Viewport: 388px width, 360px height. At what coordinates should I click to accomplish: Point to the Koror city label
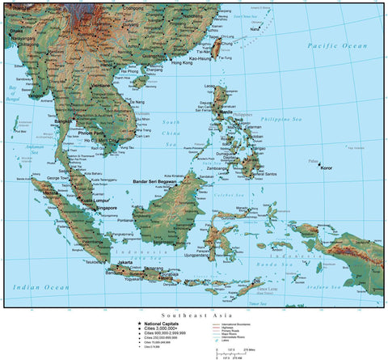coord(327,168)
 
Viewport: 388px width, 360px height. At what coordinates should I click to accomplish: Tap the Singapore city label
coord(107,208)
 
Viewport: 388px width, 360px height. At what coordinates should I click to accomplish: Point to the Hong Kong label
coord(182,63)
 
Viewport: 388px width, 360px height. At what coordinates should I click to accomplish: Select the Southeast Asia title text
coord(193,315)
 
